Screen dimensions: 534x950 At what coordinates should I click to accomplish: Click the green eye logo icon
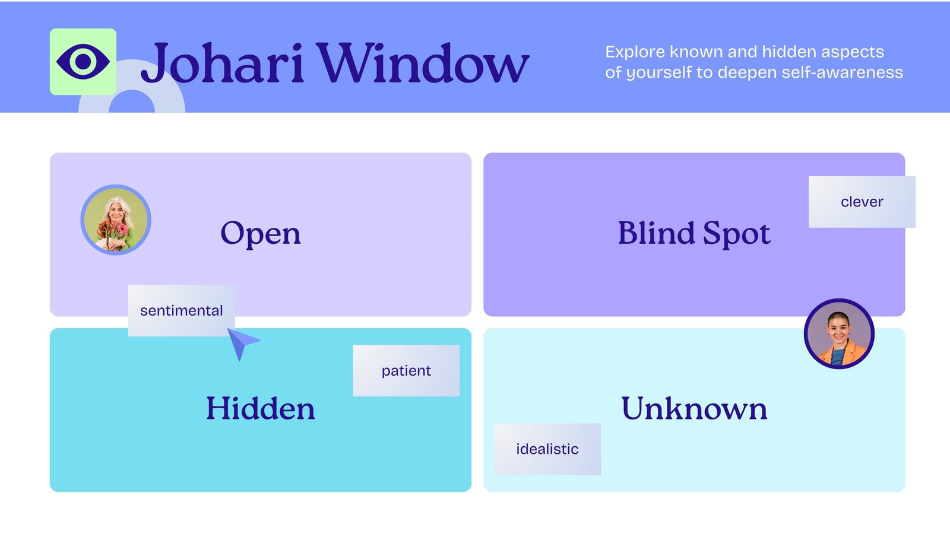pos(83,61)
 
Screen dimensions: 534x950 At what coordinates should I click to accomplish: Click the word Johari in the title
pos(222,63)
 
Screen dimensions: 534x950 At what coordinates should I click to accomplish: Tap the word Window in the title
pos(422,63)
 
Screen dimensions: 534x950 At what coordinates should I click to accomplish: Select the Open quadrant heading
pos(260,233)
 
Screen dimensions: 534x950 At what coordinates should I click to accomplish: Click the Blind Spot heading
pos(693,233)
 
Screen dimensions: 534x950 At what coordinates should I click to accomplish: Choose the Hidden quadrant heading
pos(260,409)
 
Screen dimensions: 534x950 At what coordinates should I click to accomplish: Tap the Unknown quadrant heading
pos(693,409)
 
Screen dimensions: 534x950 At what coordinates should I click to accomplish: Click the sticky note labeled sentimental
pos(181,310)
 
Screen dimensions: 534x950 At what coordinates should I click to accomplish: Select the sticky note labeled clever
pos(862,202)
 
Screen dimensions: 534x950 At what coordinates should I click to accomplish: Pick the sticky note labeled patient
pos(406,371)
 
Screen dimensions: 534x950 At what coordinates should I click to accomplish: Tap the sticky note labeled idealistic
pos(547,449)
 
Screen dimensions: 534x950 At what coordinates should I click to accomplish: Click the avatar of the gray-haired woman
pos(116,220)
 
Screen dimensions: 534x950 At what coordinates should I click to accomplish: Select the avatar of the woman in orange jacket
pos(839,333)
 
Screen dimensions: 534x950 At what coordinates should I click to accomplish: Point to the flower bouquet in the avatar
pos(115,233)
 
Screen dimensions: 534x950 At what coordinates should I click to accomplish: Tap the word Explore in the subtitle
pos(635,52)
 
